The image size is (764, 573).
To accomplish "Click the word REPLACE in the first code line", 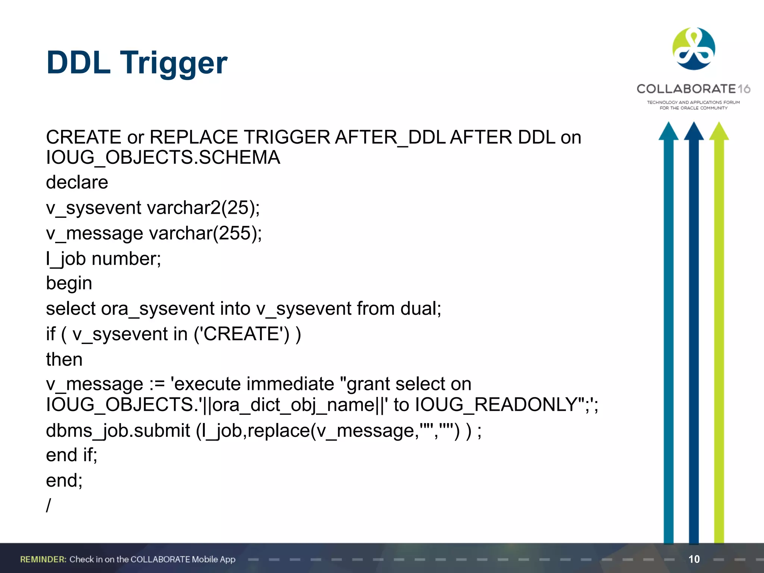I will click(194, 137).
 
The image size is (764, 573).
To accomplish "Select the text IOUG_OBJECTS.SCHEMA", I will click(163, 157).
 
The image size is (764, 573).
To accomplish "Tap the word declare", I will click(77, 182).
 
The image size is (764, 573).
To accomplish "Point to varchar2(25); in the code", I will click(204, 208).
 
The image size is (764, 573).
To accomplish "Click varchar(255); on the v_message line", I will click(206, 234).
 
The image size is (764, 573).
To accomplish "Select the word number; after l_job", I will click(126, 259).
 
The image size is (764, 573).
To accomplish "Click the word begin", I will click(69, 284).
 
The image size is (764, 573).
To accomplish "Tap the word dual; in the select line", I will click(421, 309).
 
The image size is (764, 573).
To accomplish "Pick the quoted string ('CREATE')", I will click(242, 334).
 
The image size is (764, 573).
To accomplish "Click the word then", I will click(64, 359).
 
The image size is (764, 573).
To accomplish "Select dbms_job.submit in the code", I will click(118, 431).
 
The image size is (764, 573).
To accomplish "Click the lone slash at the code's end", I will click(48, 505).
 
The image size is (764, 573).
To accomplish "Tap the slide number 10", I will click(694, 559).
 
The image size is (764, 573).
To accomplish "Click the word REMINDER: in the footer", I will click(43, 559).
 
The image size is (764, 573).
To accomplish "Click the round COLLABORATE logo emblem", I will click(693, 49).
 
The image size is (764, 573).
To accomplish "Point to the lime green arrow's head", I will click(719, 131).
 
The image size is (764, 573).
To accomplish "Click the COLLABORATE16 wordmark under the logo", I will click(693, 89).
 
